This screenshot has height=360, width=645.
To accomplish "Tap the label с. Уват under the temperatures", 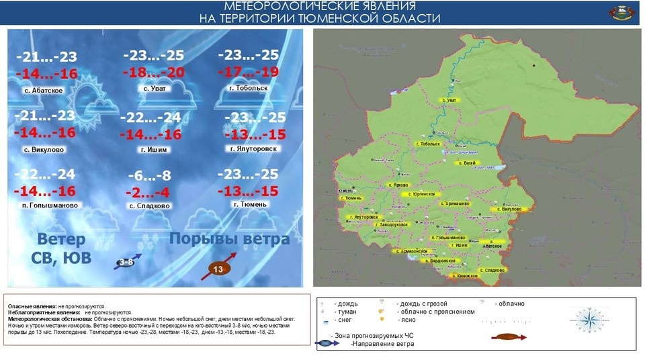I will point(155,88).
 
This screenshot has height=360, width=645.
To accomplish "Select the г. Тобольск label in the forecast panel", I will point(248,88).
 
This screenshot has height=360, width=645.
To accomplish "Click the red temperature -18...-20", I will point(153,73).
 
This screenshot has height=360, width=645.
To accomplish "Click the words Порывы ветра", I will point(229,239).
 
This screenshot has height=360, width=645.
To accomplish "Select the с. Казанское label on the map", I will point(464,275).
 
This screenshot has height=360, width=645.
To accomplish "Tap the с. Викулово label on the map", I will point(511,209).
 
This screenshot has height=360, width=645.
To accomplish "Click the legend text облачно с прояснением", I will point(435,312).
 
